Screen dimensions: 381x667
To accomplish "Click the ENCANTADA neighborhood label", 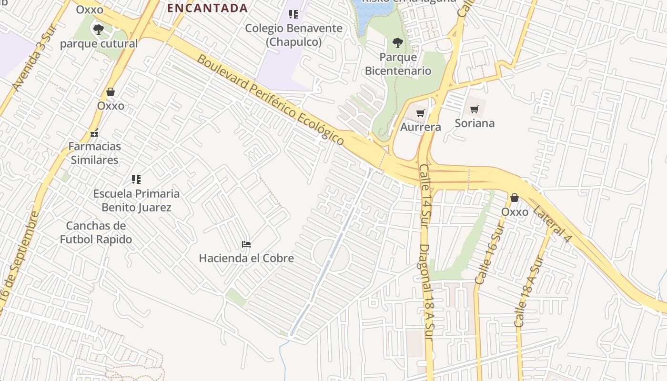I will [x=207, y=8].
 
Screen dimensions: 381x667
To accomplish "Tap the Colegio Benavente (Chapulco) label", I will [x=293, y=35].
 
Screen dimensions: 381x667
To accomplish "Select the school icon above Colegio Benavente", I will [x=293, y=14].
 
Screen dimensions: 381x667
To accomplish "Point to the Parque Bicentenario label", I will [x=398, y=64].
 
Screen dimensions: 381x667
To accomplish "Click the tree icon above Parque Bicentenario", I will [x=397, y=43].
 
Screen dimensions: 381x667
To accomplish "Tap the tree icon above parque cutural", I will [x=99, y=30].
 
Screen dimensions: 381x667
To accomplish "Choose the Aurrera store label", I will [x=420, y=127].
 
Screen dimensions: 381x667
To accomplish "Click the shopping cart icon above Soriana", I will [x=474, y=110].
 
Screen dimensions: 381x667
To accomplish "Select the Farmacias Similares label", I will [x=94, y=153].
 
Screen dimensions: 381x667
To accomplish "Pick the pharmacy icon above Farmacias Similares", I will [x=95, y=133].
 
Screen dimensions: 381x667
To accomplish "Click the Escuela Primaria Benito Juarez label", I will [x=136, y=201].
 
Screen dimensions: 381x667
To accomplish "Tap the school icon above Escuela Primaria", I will [x=136, y=180].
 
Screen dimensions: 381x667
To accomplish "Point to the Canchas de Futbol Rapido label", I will [x=96, y=232].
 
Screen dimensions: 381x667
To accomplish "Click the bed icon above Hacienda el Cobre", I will [x=246, y=245].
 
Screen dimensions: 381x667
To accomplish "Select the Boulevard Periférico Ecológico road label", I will [x=271, y=100].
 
